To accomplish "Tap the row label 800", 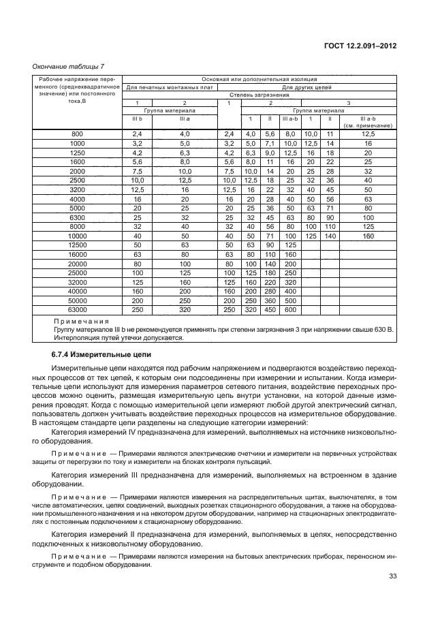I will (77, 135).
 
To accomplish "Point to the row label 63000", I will (77, 309).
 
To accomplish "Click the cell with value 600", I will (291, 309).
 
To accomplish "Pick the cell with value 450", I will (270, 309).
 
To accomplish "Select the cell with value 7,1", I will (270, 144).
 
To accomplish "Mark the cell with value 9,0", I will (270, 153).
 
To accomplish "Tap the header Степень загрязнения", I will (260, 95).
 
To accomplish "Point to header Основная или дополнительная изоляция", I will (260, 80).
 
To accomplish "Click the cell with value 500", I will (291, 300).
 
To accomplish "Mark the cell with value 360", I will (270, 300).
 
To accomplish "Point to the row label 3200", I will (77, 189).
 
